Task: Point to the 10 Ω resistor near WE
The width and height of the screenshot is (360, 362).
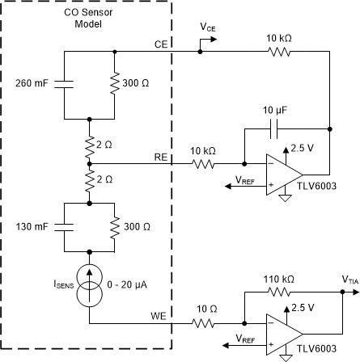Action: coord(203,325)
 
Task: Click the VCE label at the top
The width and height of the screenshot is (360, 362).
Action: coord(208,27)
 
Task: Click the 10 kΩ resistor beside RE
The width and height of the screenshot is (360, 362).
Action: coord(203,162)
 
